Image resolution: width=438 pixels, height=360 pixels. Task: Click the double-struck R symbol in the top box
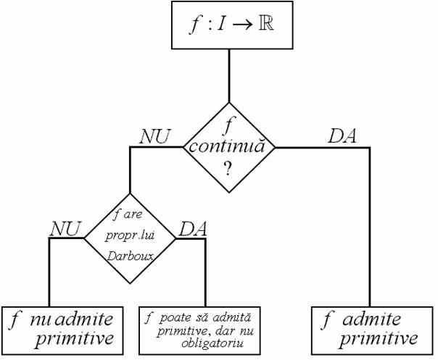coord(266,24)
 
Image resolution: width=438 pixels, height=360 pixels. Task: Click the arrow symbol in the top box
coord(243,25)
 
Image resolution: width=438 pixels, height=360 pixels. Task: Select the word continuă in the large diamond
coord(226,146)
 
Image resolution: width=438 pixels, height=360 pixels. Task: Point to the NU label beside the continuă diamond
coord(154,137)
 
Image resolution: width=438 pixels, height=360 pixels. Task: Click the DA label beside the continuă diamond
coord(342,136)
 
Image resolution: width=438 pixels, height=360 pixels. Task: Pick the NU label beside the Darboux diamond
coord(65,229)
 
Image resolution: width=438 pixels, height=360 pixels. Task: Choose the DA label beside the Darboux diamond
coord(193,229)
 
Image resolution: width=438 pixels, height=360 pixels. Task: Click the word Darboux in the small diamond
coord(131,256)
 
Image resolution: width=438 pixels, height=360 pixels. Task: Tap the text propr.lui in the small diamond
coord(131,236)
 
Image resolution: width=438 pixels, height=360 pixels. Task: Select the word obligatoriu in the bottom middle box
coord(212,343)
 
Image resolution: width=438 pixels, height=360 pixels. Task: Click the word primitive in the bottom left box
coord(74,338)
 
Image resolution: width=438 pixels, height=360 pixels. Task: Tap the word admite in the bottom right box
coord(371,319)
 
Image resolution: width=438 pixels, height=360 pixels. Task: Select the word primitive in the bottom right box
coord(379,338)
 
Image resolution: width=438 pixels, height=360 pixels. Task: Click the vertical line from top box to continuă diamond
coord(229,76)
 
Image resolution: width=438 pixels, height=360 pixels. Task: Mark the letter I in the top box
coord(221,24)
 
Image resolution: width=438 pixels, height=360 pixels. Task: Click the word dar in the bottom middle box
coord(222,331)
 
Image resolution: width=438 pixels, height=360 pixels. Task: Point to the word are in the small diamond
coord(133,215)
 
